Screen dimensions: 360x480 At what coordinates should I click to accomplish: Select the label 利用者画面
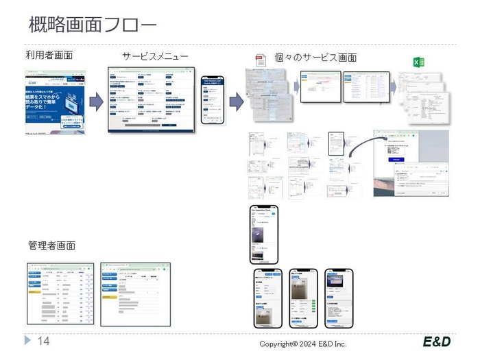[49, 55]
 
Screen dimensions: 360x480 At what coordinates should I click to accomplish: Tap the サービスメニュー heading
[155, 56]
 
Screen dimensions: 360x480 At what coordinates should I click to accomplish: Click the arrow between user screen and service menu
[96, 101]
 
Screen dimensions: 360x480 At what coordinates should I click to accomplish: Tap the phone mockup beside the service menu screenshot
[212, 100]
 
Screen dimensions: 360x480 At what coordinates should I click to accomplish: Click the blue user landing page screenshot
[55, 101]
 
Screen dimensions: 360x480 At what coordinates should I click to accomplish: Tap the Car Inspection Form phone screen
[263, 233]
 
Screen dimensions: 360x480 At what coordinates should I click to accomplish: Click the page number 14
[43, 341]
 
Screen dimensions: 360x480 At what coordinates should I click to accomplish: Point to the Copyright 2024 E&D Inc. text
[302, 344]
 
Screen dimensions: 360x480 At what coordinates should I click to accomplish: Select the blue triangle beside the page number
[28, 341]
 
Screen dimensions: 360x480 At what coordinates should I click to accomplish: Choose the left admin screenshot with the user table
[60, 293]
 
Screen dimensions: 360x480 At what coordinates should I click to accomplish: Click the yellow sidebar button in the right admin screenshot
[108, 298]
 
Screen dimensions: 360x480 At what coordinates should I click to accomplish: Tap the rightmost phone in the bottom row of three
[338, 298]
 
